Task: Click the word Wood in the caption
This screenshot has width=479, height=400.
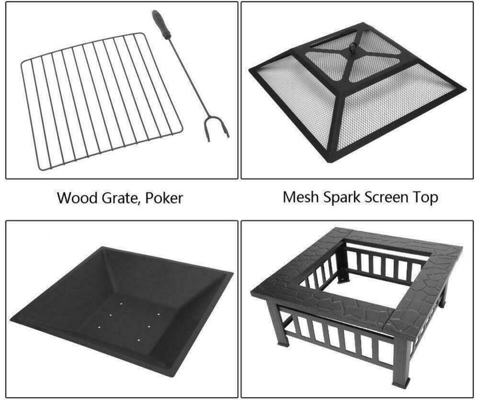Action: (74, 198)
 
